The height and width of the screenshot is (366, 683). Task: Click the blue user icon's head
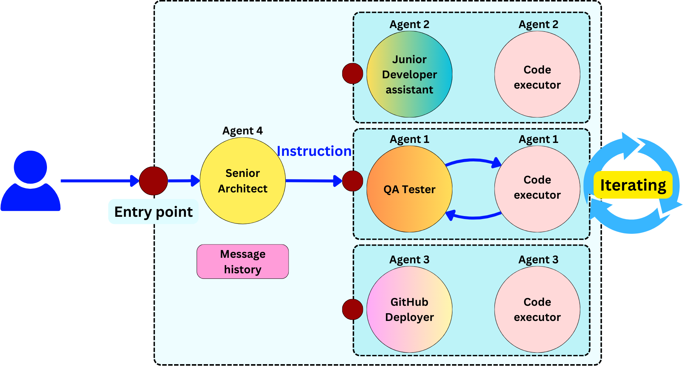click(30, 167)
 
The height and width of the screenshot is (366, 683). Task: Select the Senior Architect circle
click(242, 181)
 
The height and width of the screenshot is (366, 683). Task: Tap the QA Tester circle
click(409, 189)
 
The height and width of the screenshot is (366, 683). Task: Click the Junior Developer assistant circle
click(409, 74)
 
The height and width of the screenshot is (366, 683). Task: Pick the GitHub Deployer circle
click(409, 309)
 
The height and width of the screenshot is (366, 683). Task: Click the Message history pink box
click(242, 261)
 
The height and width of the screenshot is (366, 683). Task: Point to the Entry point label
click(153, 212)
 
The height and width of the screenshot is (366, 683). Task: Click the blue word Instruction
click(314, 151)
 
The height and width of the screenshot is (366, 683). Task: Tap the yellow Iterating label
click(633, 185)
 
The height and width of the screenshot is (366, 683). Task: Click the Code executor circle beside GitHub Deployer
click(537, 309)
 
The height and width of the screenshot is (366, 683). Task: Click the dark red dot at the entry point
click(153, 181)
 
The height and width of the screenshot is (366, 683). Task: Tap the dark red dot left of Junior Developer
click(353, 73)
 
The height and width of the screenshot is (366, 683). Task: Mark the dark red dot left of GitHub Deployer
click(353, 309)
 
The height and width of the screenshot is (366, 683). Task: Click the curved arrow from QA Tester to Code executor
click(473, 160)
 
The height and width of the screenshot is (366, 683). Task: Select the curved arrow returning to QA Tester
click(473, 218)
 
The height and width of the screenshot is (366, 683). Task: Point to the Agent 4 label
click(242, 131)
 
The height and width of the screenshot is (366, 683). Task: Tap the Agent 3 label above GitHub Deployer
click(409, 260)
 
